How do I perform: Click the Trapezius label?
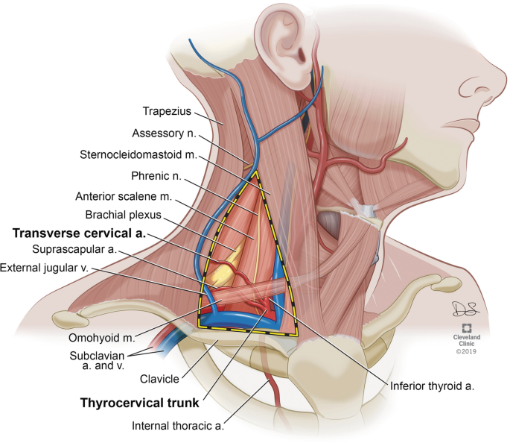(x=166, y=112)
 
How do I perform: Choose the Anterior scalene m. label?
(x=124, y=198)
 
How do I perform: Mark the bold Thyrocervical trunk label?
(x=139, y=404)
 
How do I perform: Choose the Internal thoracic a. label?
(x=179, y=427)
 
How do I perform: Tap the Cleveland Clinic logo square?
(x=466, y=329)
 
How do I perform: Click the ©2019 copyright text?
(x=466, y=350)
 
